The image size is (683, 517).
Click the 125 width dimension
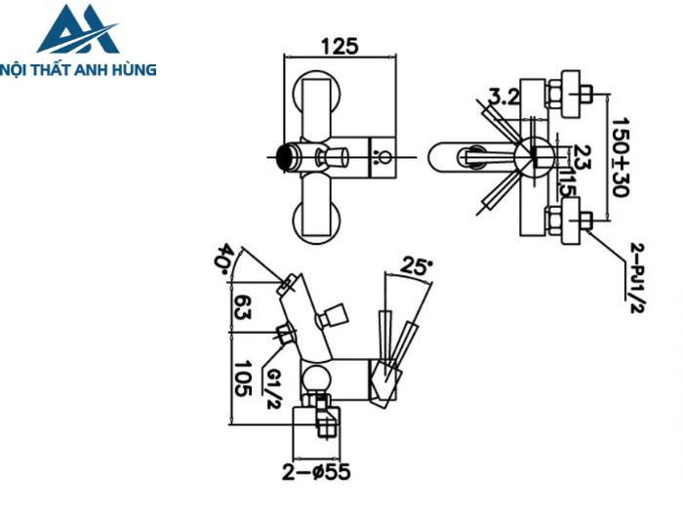(x=340, y=47)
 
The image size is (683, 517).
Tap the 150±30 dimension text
(x=621, y=157)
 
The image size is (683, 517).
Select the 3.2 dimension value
(x=504, y=97)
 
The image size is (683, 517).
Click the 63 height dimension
(x=243, y=307)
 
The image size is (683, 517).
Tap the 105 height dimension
(x=243, y=378)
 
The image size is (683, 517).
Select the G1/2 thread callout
(x=272, y=388)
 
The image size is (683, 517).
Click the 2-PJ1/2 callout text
(x=636, y=278)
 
